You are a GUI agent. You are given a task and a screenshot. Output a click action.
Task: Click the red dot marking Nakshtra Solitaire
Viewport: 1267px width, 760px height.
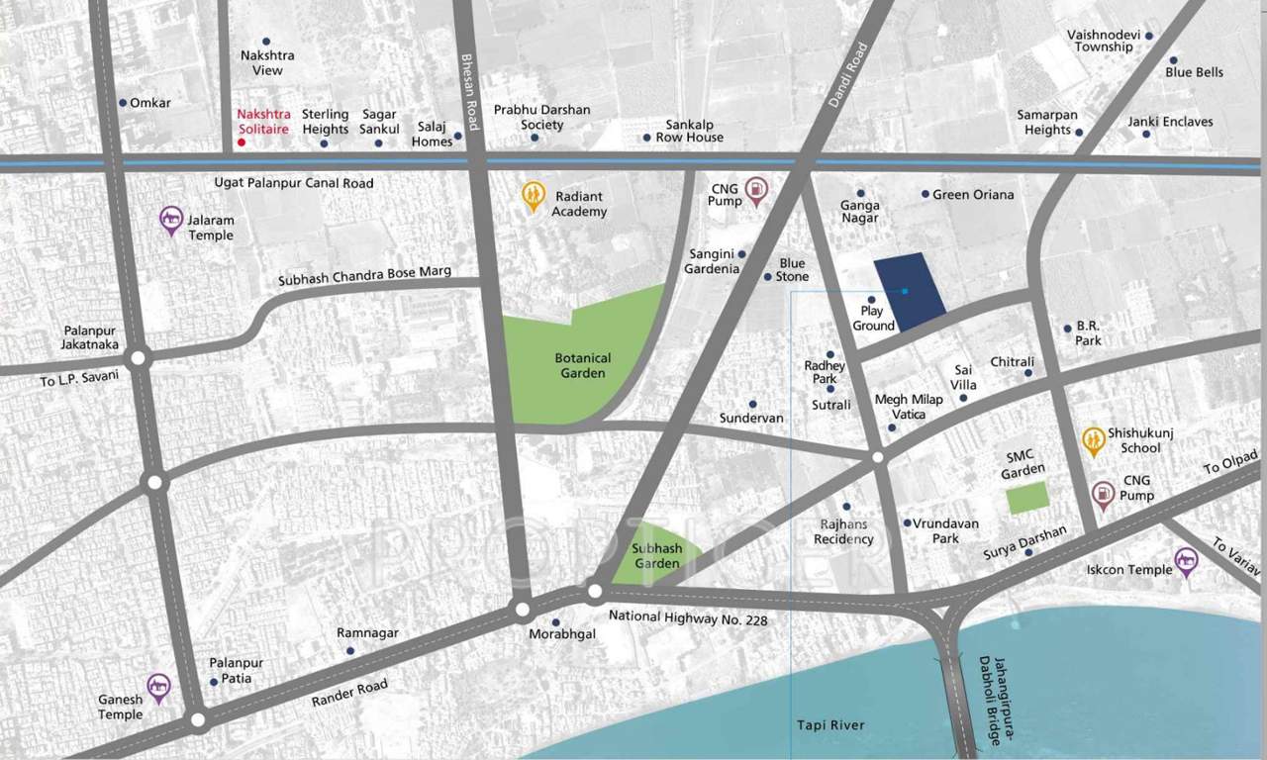click(241, 143)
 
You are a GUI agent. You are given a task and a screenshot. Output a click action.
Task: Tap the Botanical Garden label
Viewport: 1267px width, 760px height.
click(583, 365)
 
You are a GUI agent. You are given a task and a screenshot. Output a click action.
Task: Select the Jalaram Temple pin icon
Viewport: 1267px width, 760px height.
click(171, 220)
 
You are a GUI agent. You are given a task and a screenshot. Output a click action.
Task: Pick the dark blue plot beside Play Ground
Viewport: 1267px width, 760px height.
click(910, 291)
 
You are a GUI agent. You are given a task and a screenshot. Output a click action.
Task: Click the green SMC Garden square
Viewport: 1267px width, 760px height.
click(1027, 498)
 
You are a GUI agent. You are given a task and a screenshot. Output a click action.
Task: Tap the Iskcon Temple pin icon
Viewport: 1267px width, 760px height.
click(1186, 562)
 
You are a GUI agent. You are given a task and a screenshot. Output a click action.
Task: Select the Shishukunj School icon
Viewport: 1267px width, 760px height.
click(1093, 440)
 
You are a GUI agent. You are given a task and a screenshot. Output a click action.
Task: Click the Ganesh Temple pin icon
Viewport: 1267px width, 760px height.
click(158, 687)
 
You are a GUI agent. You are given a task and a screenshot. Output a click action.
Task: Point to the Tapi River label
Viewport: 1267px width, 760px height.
click(830, 725)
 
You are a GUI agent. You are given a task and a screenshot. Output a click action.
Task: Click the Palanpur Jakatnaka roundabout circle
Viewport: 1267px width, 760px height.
click(139, 358)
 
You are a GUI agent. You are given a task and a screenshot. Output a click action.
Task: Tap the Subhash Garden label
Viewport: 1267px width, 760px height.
click(657, 555)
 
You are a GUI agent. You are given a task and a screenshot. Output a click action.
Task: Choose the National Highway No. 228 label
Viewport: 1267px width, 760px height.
click(687, 617)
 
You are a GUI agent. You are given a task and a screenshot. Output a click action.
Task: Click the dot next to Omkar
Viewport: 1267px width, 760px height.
click(123, 103)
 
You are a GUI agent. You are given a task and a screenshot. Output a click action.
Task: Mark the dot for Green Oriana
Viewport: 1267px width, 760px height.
click(925, 194)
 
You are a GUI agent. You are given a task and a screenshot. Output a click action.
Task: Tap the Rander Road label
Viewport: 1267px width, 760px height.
click(348, 693)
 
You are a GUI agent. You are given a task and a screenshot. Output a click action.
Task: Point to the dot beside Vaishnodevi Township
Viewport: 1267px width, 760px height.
click(1149, 35)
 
